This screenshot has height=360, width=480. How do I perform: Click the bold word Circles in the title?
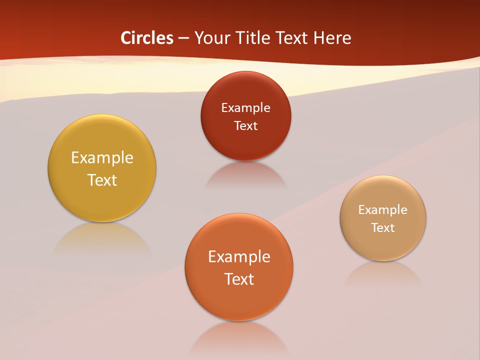coord(146,37)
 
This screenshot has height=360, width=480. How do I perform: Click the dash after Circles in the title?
coord(183,38)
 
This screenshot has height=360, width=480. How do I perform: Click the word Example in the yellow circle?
coord(102,158)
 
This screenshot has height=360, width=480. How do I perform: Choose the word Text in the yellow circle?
coord(102,180)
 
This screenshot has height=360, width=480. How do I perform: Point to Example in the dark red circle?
coord(245,107)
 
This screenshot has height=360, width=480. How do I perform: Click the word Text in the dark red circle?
coord(245,125)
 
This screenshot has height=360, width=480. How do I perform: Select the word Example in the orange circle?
coord(239,256)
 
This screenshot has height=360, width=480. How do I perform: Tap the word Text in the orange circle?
coord(239,279)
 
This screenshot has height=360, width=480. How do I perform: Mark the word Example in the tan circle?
coord(383,209)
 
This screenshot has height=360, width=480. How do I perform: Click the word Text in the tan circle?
coord(383,227)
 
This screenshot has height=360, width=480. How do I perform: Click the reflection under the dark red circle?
coord(245,174)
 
